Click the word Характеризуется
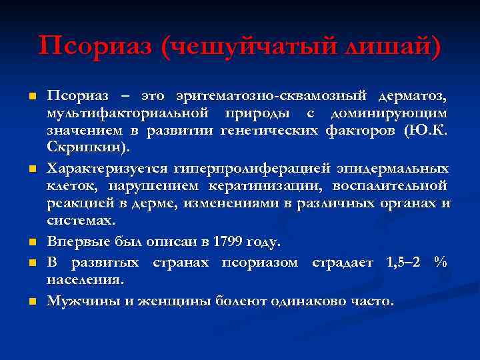tap(107, 167)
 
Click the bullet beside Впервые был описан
tap(31, 241)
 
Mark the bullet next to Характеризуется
tap(31, 167)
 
